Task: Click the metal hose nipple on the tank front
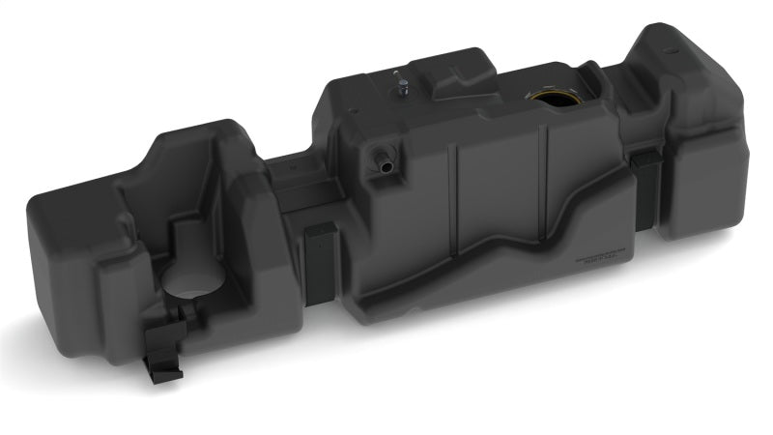click(384, 161)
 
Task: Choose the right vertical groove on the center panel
click(547, 174)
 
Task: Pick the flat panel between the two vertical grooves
click(498, 184)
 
